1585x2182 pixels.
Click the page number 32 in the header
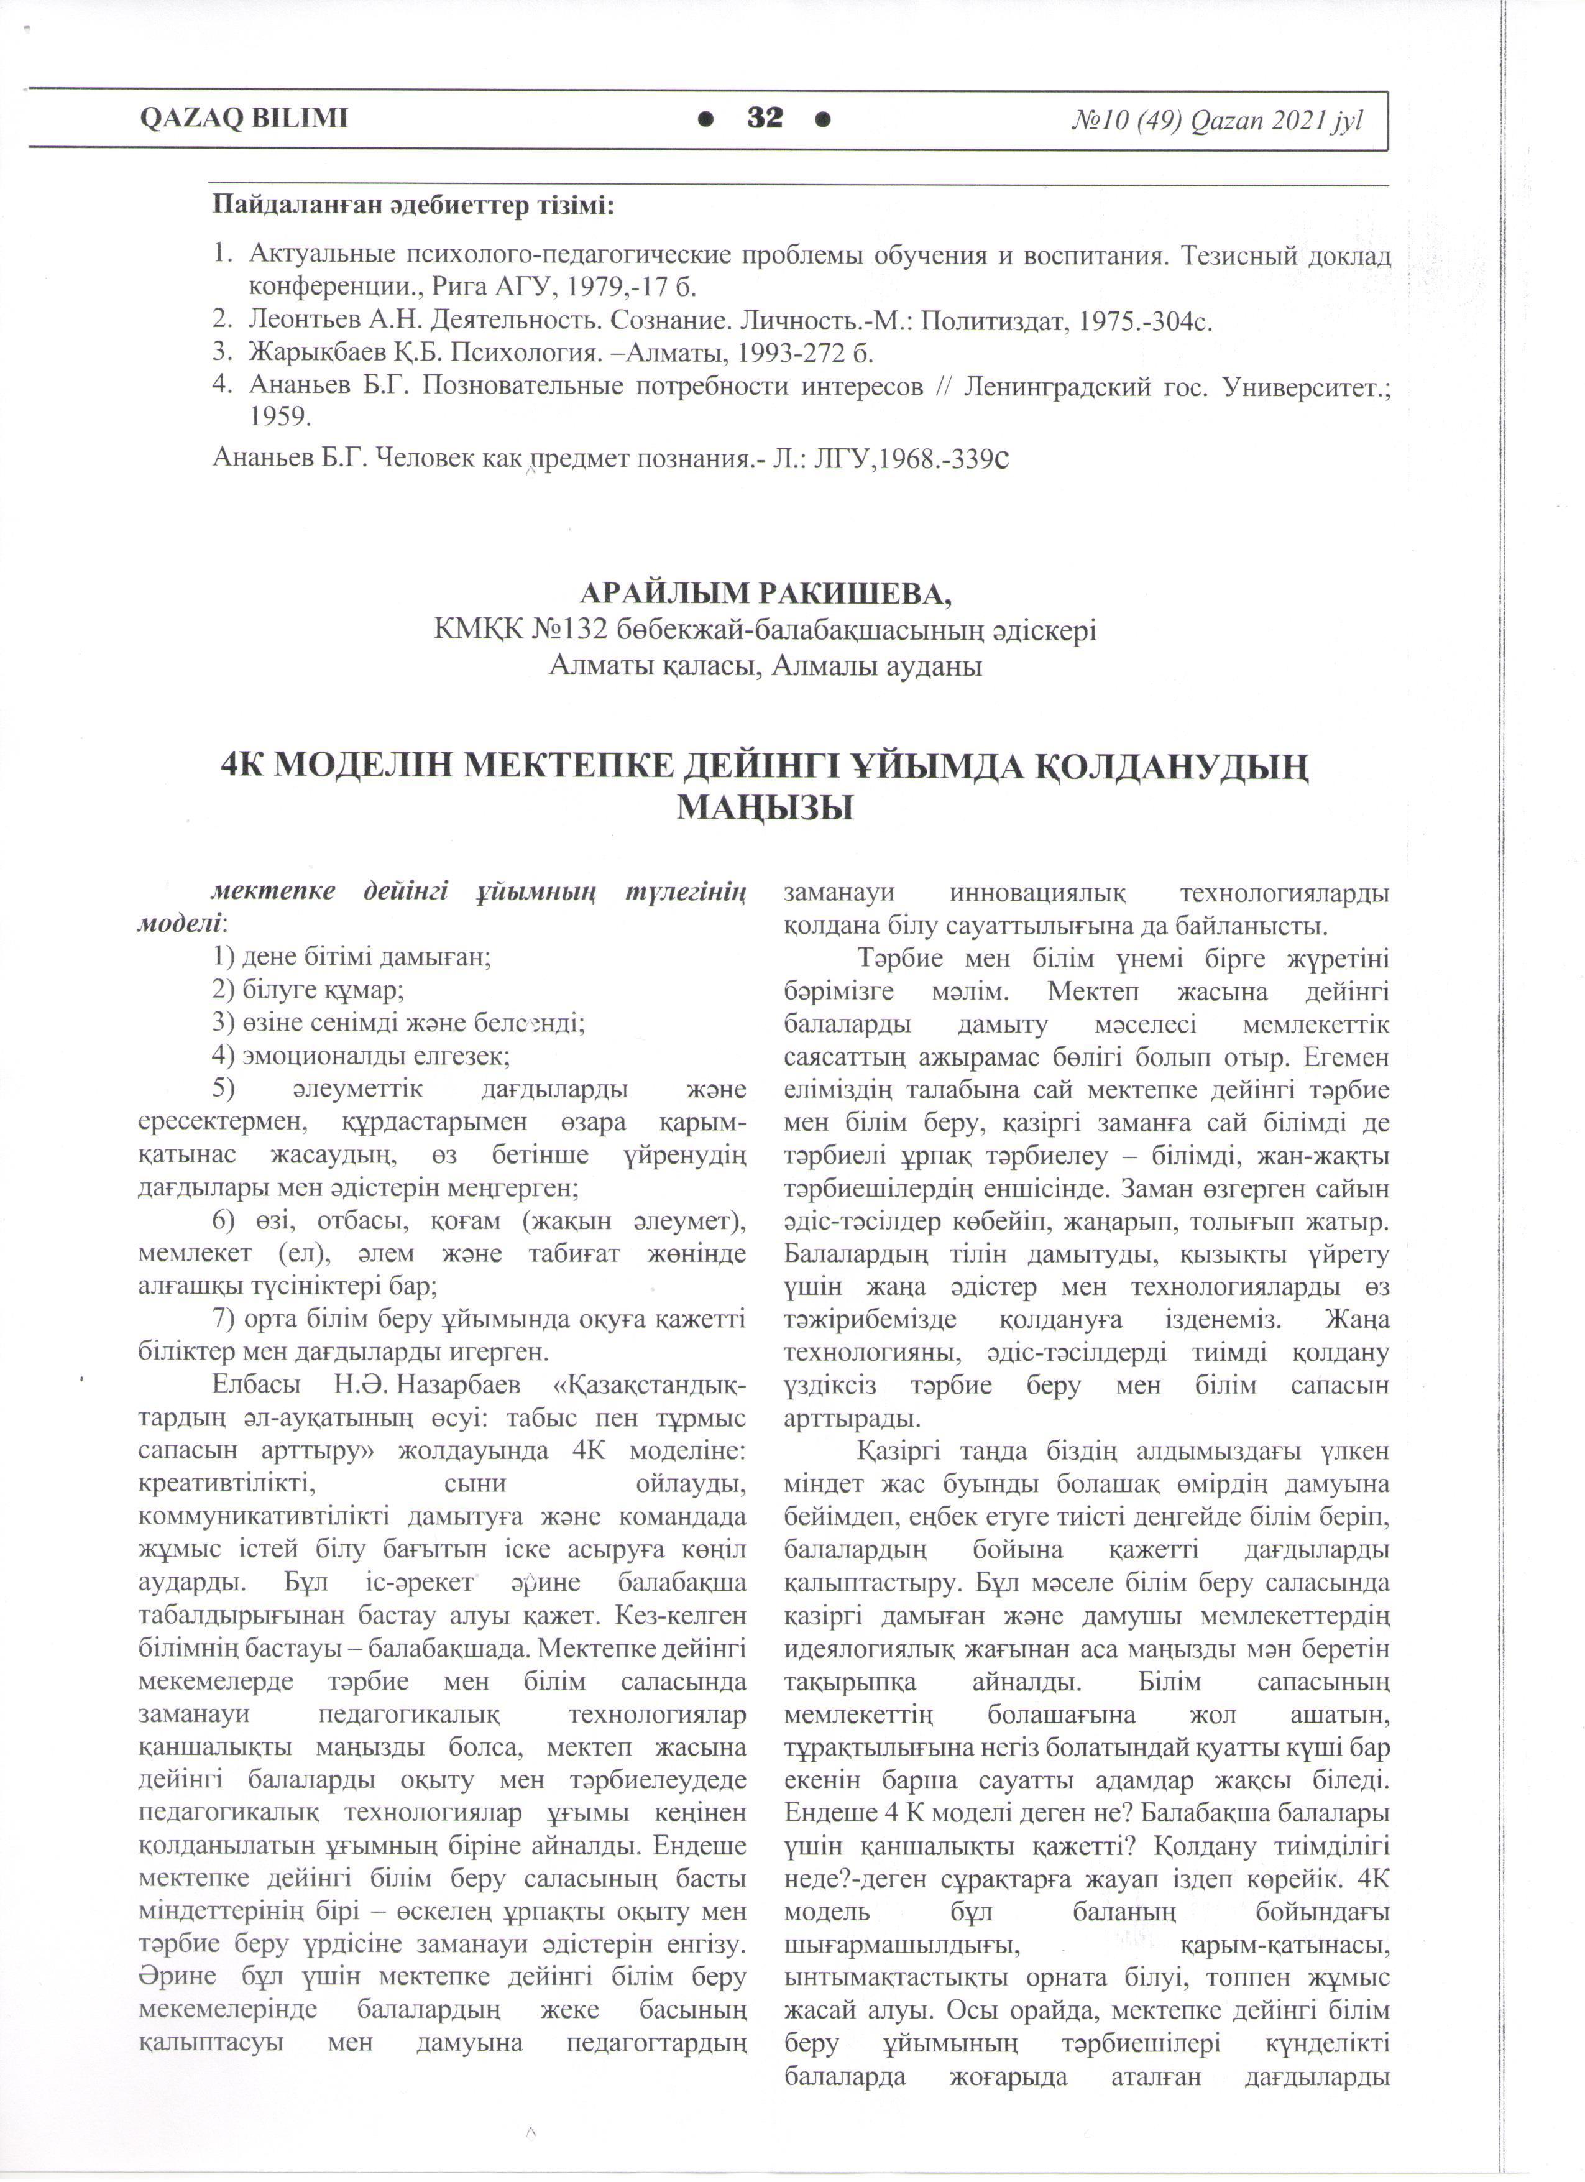pyautogui.click(x=766, y=118)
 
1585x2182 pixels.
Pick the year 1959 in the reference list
pyautogui.click(x=280, y=418)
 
